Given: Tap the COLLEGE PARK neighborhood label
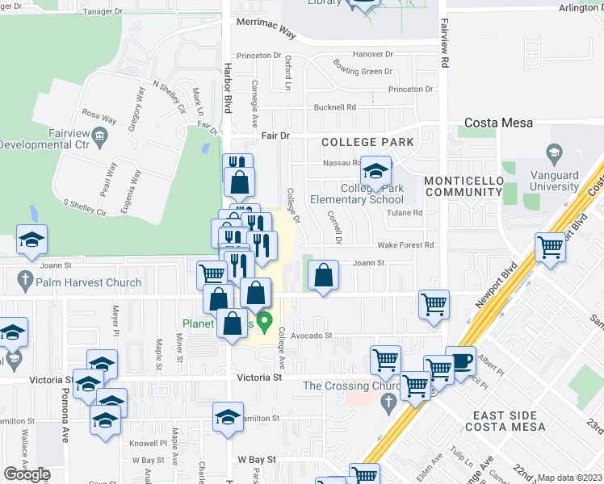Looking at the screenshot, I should click(367, 142).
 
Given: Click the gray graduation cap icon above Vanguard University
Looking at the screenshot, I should click(554, 152).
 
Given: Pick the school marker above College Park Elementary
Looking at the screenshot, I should click(375, 171).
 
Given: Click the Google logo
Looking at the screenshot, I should click(27, 474).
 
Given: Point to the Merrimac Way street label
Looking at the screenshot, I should click(266, 29).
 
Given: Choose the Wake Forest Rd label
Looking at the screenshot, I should click(405, 245).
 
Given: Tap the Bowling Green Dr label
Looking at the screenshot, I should click(363, 72).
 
